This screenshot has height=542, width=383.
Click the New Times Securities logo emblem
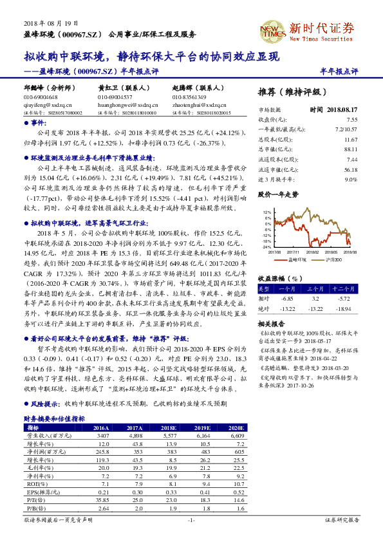[272, 30]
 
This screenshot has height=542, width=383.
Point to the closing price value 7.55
[351, 120]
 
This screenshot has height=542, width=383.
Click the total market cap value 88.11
[351, 149]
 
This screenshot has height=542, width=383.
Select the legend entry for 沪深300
[333, 261]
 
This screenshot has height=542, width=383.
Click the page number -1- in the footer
[191, 519]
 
